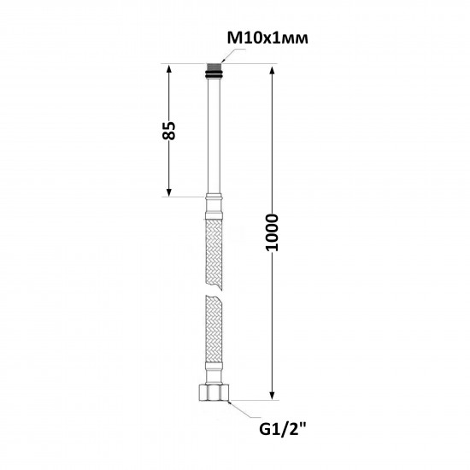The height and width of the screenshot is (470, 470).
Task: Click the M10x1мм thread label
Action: pyautogui.click(x=267, y=38)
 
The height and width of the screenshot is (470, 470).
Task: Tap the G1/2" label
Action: pyautogui.click(x=282, y=430)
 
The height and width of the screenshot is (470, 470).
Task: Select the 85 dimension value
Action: pyautogui.click(x=168, y=131)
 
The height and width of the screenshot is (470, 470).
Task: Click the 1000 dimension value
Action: pyautogui.click(x=272, y=232)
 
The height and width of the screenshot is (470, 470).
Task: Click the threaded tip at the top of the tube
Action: pyautogui.click(x=214, y=67)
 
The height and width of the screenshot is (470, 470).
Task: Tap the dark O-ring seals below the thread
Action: pyautogui.click(x=214, y=74)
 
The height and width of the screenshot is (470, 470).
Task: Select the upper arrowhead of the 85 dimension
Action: pyautogui.click(x=168, y=69)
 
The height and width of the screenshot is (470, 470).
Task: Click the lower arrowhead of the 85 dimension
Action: pyautogui.click(x=168, y=192)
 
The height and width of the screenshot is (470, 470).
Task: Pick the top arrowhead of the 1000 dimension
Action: pyautogui.click(x=272, y=71)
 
